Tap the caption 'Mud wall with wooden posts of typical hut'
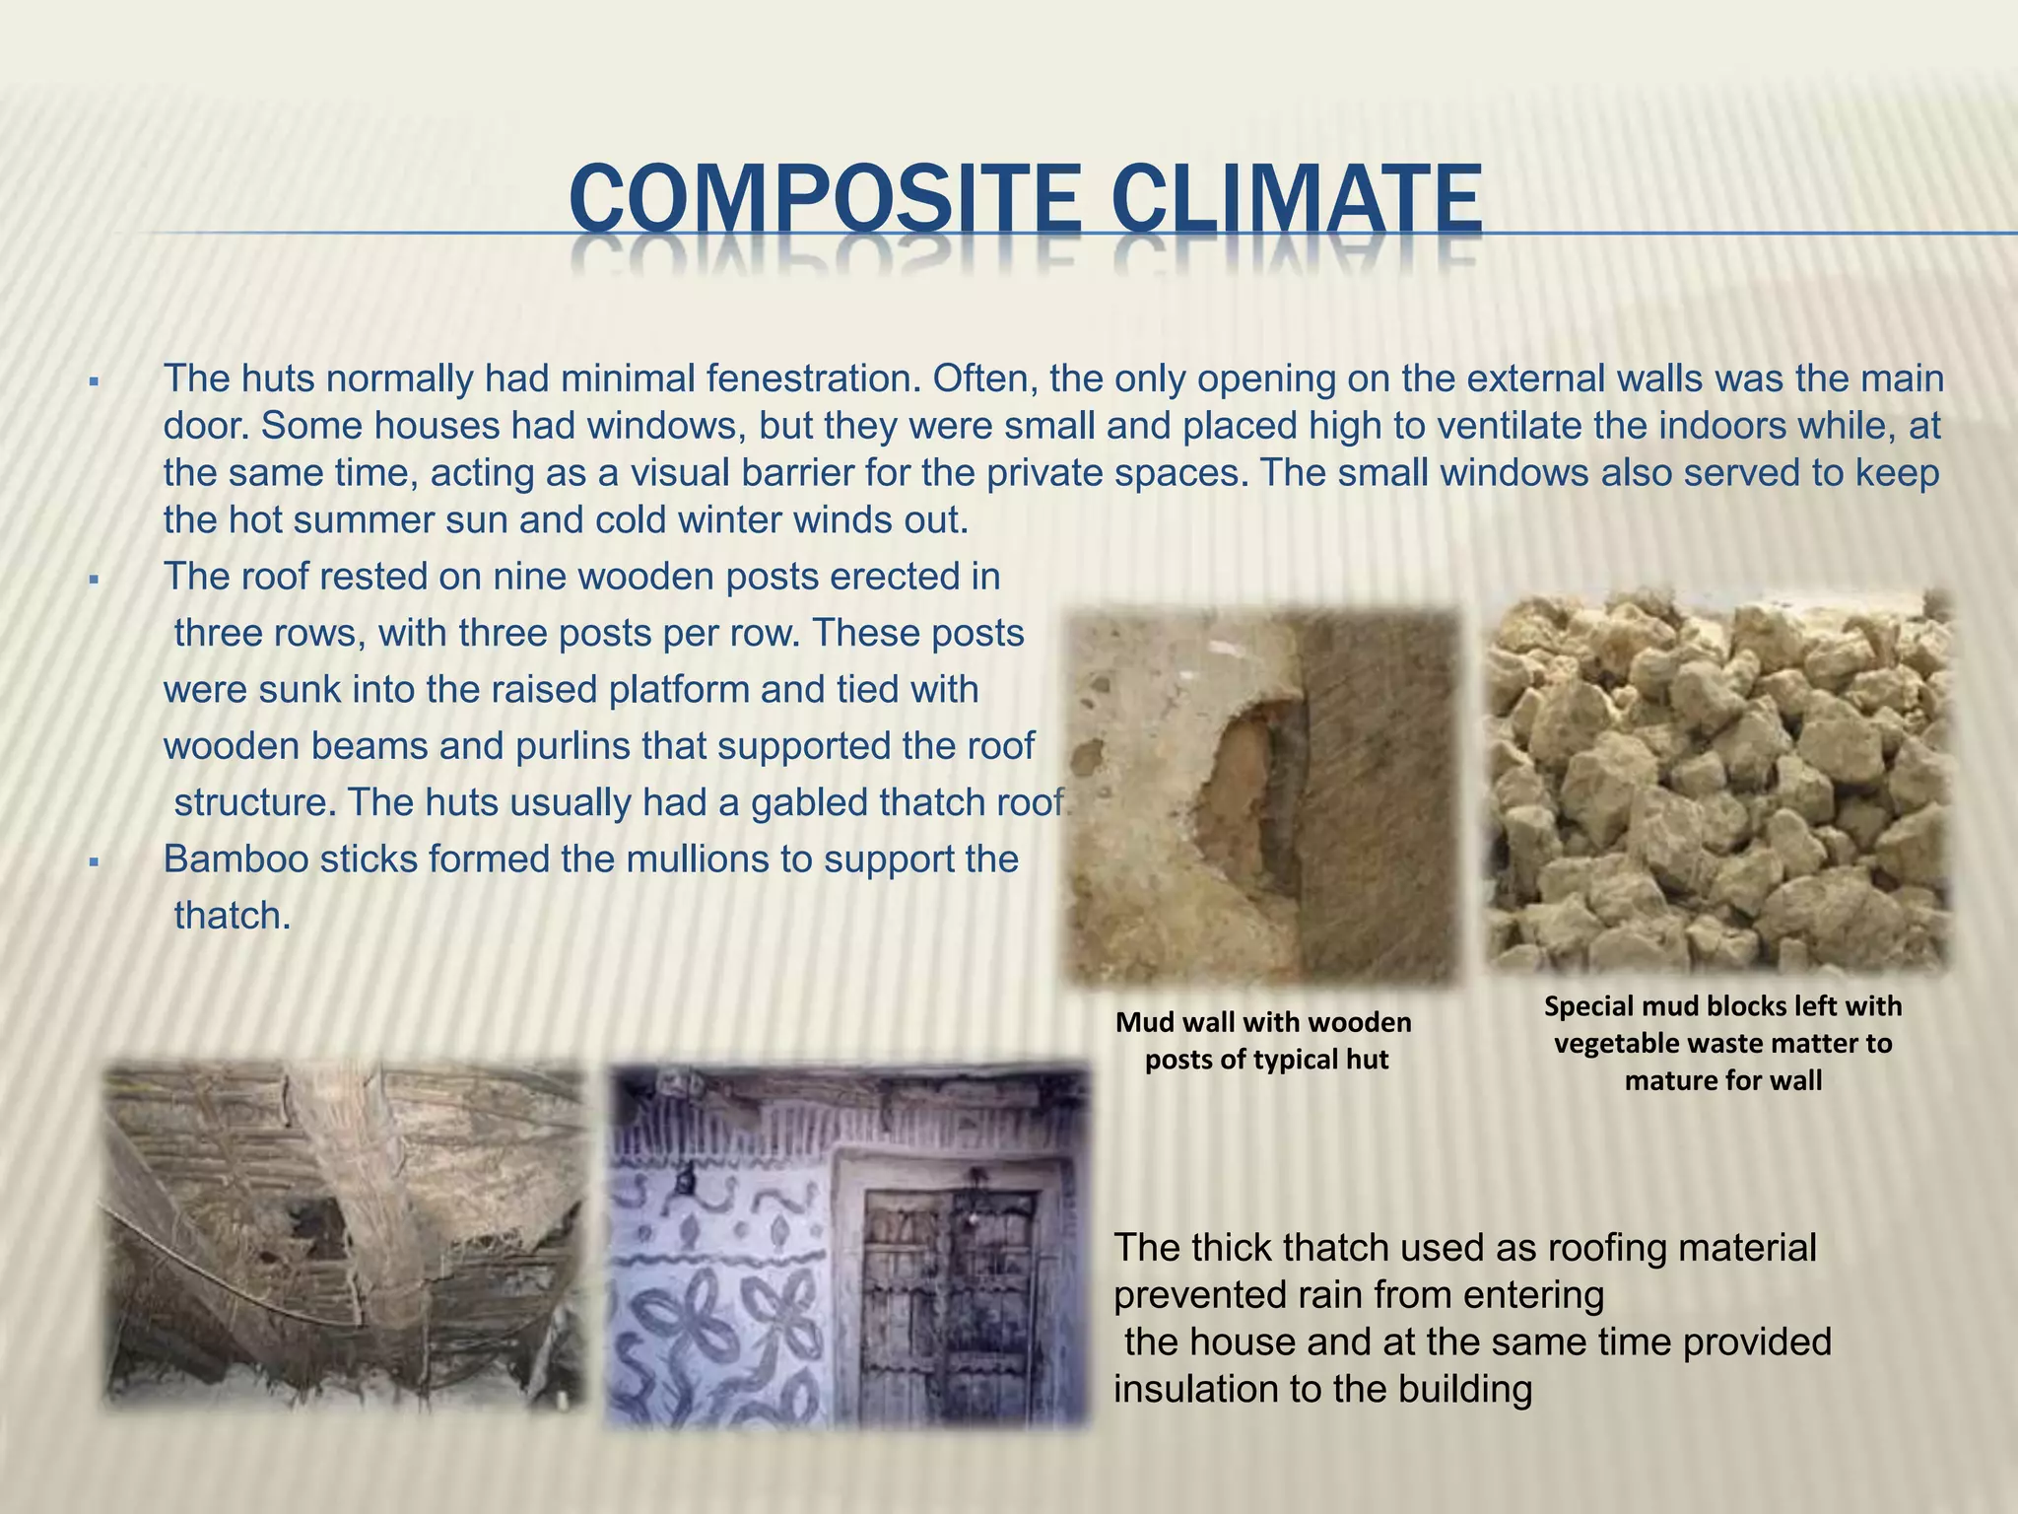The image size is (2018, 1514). tap(1264, 1041)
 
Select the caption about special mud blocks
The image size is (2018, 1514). tap(1722, 1043)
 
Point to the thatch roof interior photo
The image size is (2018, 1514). tap(345, 1232)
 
